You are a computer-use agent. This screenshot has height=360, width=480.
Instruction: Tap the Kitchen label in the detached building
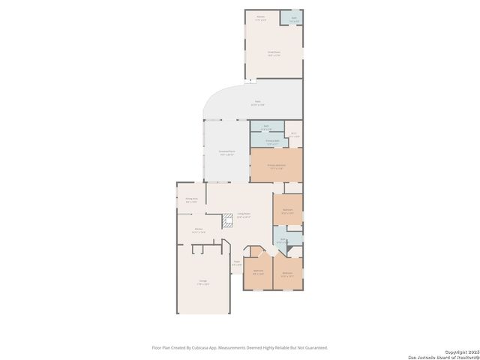pos(261,17)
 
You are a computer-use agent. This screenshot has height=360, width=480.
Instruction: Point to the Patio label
pos(257,103)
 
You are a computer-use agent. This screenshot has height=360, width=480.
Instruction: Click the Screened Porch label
pos(226,153)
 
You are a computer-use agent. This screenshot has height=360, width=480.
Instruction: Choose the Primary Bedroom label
pos(276,166)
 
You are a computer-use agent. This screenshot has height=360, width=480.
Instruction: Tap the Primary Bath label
pos(273,141)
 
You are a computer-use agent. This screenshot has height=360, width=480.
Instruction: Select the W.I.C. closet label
pos(295,136)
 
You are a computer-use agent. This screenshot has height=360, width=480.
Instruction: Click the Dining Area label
pos(191,200)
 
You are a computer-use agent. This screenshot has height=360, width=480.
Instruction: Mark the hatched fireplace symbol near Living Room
pos(227,221)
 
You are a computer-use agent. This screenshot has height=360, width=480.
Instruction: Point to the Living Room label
pos(244,215)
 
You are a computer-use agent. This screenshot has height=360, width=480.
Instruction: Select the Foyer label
pos(236,263)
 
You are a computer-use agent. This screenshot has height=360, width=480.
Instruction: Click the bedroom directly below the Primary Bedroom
pos(288,210)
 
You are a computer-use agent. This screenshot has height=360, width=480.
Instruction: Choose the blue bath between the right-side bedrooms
pos(280,241)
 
